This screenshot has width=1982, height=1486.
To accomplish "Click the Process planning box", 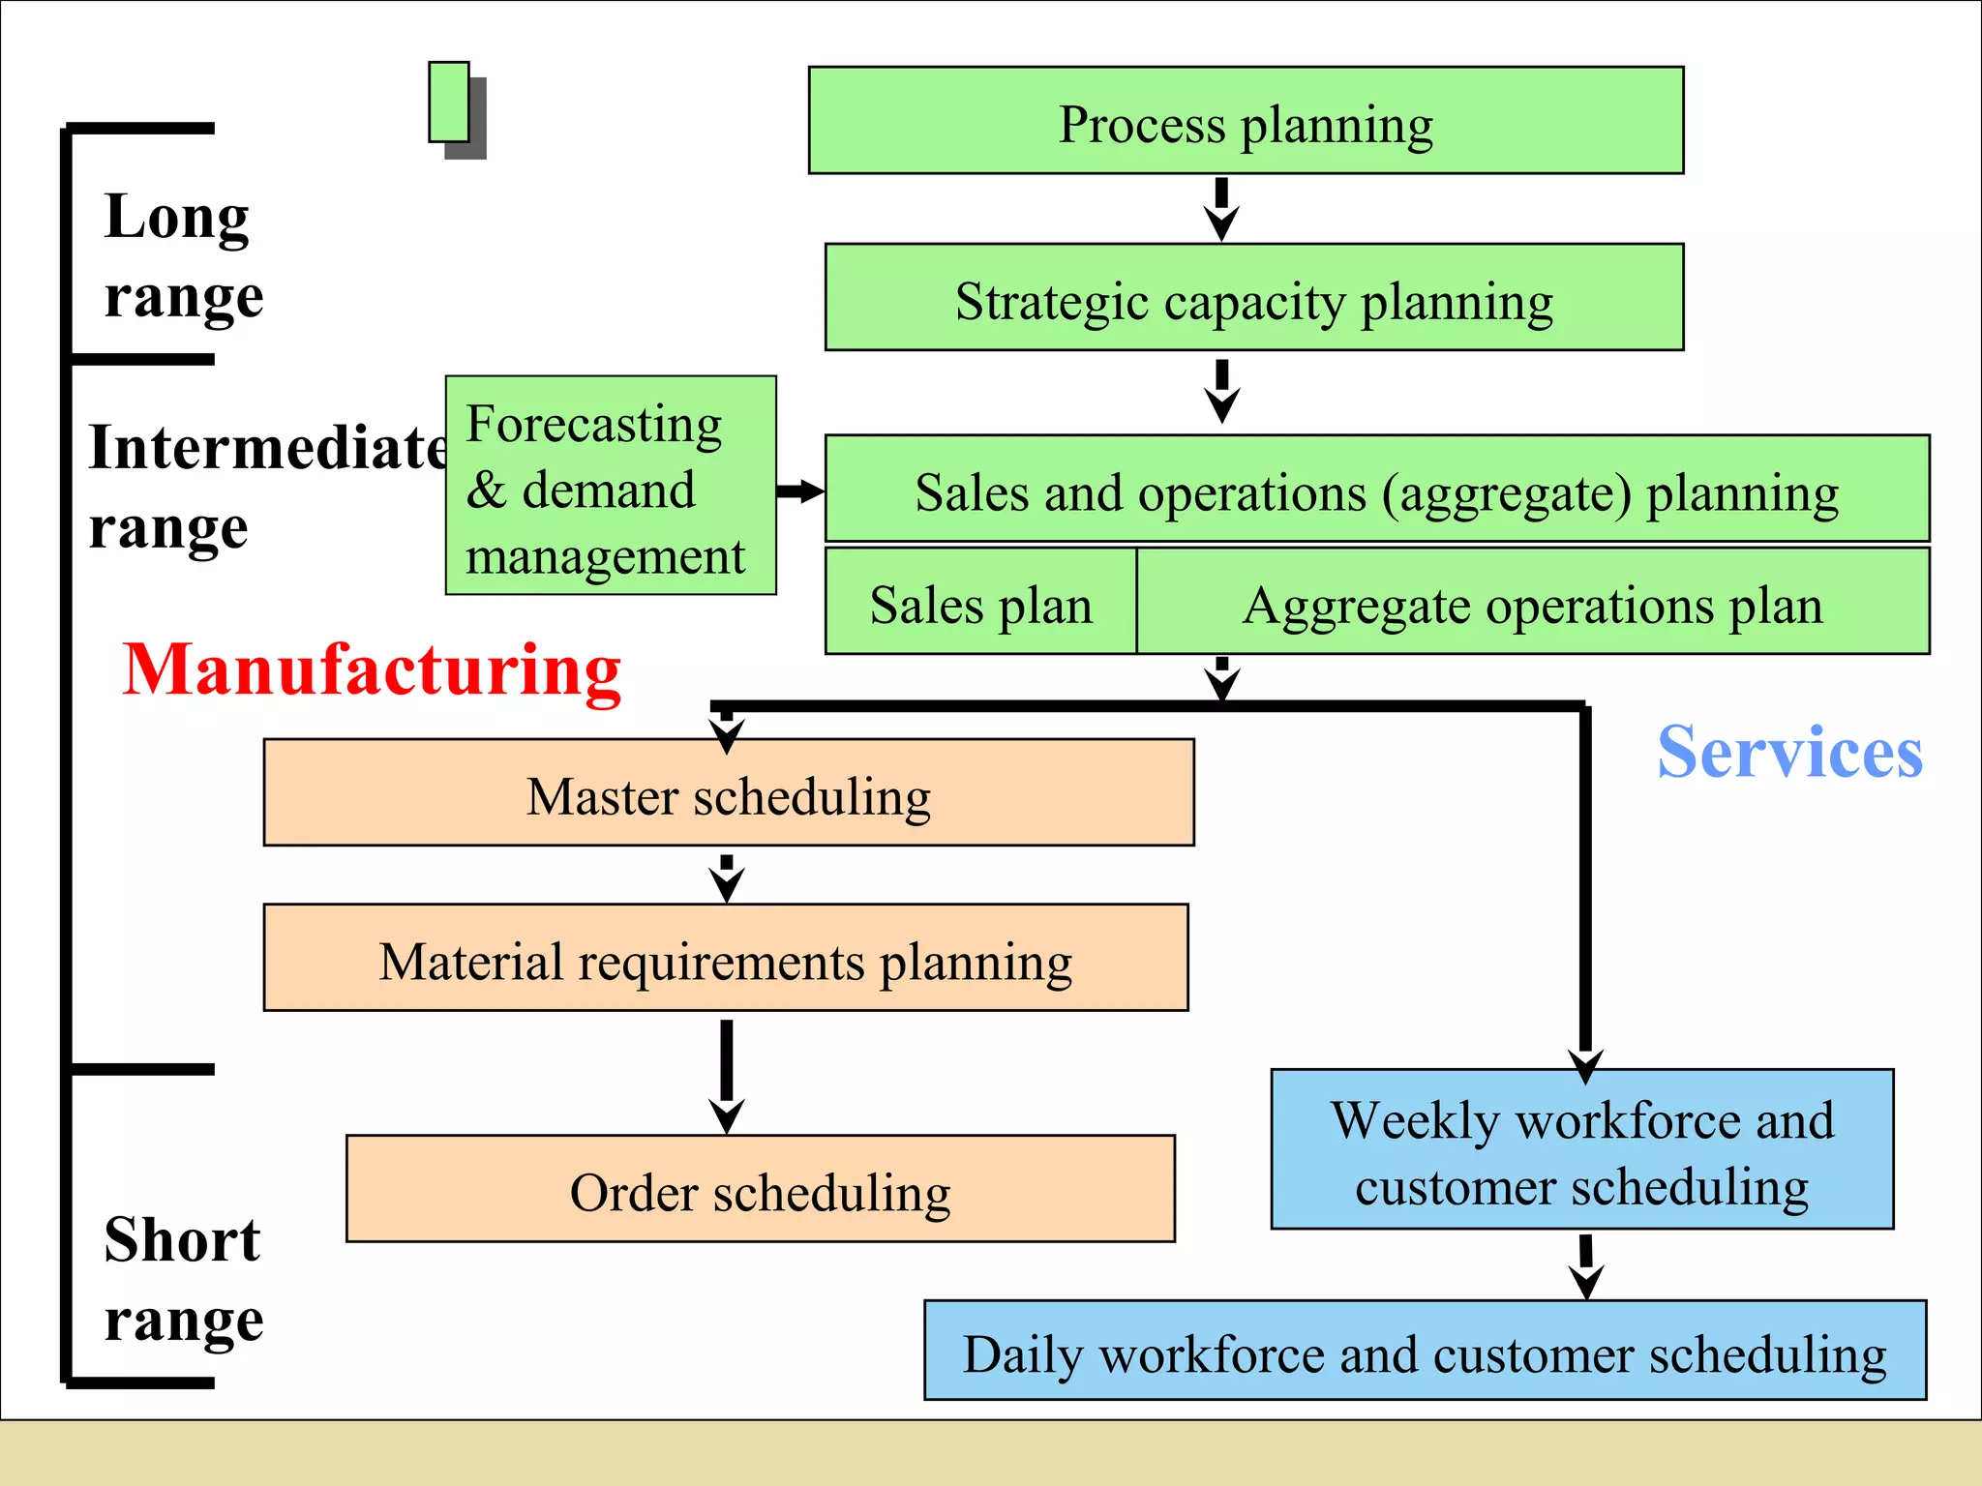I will click(x=1246, y=121).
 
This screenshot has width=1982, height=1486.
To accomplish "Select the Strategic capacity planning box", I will click(x=1253, y=298).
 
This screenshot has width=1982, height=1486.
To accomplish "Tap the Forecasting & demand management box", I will click(x=611, y=486).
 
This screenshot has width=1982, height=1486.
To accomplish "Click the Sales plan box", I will click(x=980, y=603).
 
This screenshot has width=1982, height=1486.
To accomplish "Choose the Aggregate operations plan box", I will click(x=1532, y=603).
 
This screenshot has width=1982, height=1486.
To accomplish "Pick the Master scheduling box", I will click(x=728, y=793).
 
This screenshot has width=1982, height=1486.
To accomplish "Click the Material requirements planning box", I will click(x=726, y=959).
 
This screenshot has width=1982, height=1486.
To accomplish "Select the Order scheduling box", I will click(x=761, y=1189).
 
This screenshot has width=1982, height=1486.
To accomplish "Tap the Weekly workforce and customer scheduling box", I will click(x=1581, y=1149).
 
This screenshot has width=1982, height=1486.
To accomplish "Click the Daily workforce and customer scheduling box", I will click(x=1425, y=1351).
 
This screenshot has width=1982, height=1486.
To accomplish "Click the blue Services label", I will click(x=1789, y=752).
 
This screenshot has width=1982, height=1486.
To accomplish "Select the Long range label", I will click(x=183, y=254).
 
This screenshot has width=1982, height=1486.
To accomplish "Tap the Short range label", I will click(x=183, y=1278).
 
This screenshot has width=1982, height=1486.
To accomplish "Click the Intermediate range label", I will click(x=266, y=487).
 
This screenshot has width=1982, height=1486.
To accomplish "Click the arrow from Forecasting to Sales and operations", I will click(x=799, y=491).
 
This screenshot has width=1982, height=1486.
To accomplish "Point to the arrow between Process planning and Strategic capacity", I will click(x=1221, y=209).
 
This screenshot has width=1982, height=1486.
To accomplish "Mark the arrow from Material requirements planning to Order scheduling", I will click(x=726, y=1074).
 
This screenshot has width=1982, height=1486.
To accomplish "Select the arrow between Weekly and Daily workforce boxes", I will click(x=1585, y=1265).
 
